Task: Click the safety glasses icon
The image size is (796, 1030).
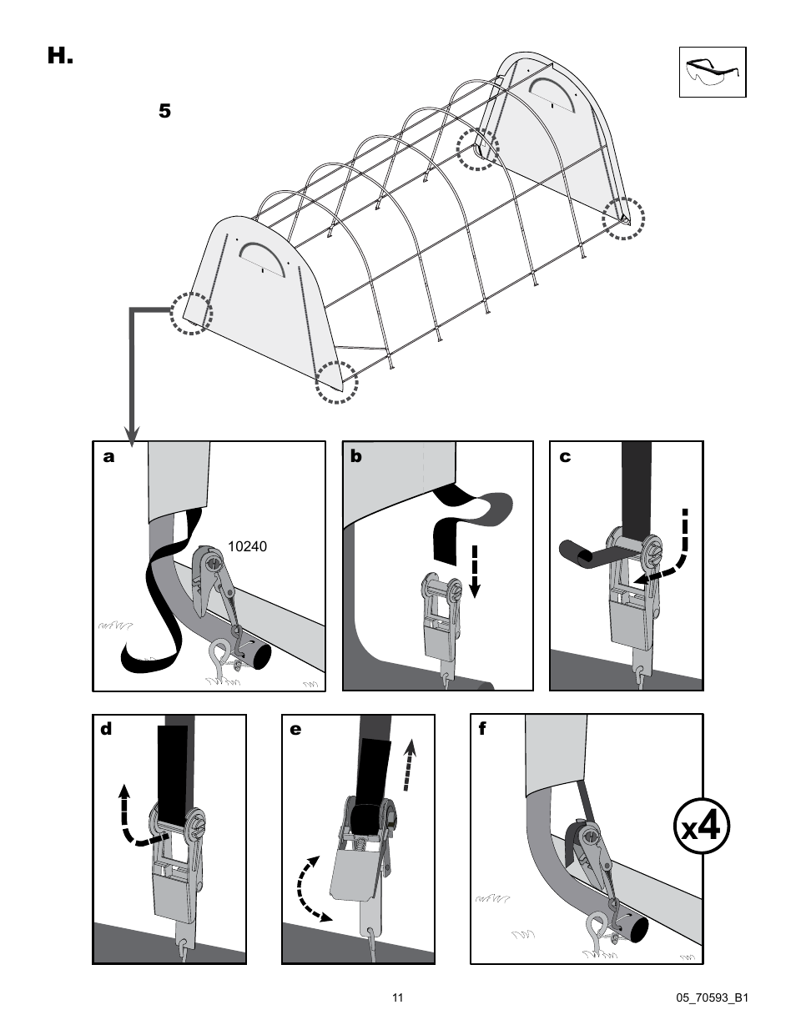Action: (x=712, y=73)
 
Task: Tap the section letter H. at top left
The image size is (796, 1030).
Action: (x=60, y=57)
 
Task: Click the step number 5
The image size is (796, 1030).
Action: (x=164, y=111)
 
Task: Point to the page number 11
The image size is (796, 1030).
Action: (x=397, y=997)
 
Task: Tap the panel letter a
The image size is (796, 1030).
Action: (x=108, y=457)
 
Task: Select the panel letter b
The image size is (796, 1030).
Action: (x=356, y=457)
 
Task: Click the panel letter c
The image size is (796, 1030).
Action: (x=564, y=457)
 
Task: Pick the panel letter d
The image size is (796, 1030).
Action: (x=106, y=730)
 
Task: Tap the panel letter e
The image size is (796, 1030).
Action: (x=295, y=730)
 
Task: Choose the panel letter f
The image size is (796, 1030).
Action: (x=482, y=729)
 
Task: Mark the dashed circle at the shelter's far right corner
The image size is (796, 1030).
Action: (x=624, y=219)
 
